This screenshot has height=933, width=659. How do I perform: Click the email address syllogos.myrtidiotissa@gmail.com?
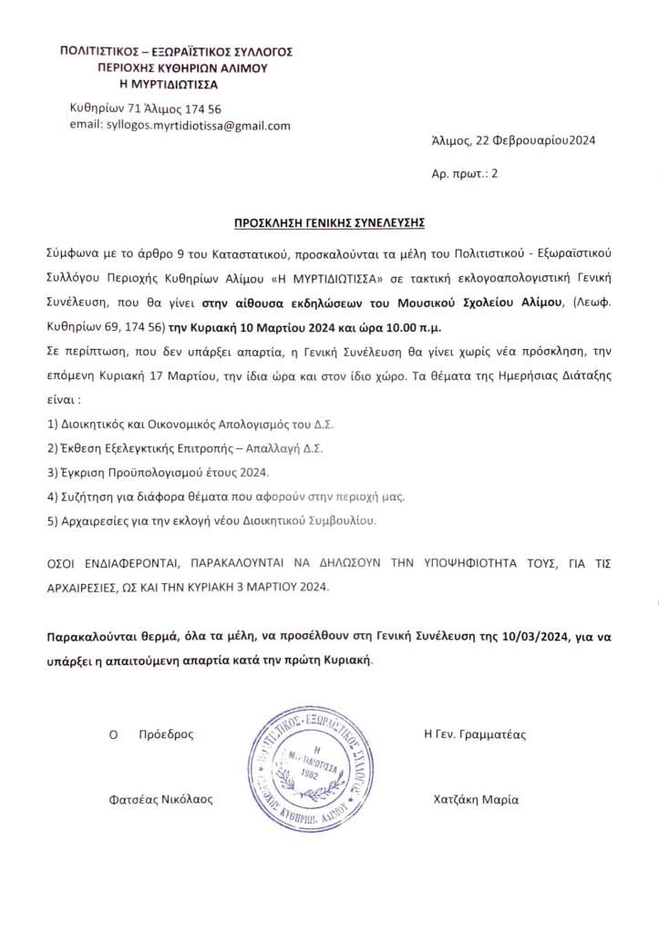(x=180, y=126)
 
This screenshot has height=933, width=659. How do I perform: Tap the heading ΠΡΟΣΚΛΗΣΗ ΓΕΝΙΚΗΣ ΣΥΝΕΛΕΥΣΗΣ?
(x=329, y=221)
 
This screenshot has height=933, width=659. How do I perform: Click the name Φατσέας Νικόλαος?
(x=160, y=799)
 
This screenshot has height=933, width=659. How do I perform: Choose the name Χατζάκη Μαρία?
(x=477, y=799)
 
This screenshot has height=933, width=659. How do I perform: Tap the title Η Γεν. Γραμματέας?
(x=475, y=733)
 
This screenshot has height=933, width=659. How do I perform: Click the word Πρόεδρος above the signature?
(x=165, y=733)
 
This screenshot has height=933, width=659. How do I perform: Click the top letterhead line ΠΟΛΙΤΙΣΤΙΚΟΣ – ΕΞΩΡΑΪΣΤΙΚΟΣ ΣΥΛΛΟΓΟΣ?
(x=175, y=52)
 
